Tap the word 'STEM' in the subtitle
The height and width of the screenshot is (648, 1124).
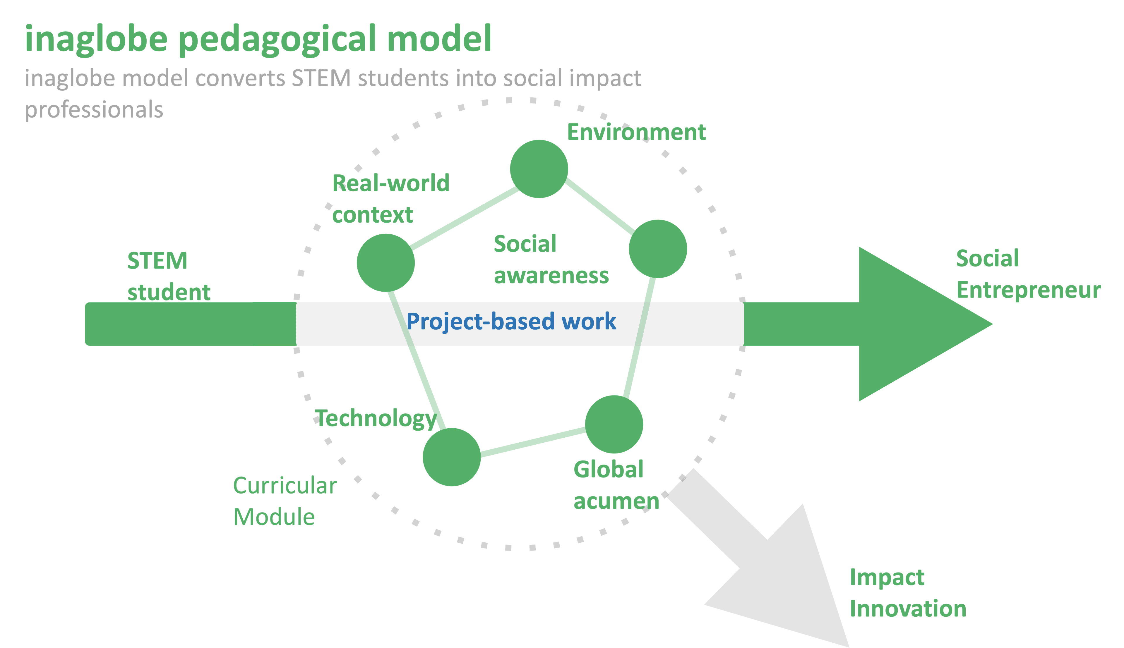(x=321, y=78)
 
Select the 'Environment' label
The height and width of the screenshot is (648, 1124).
(x=636, y=132)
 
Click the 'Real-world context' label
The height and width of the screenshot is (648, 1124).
(x=390, y=198)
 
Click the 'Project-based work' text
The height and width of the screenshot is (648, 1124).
(x=511, y=321)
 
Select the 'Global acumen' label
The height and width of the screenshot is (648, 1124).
(x=616, y=485)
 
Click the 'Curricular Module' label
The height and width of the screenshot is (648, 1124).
(x=285, y=501)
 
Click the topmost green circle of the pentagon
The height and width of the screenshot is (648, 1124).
(x=539, y=169)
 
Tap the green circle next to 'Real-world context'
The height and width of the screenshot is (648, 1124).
(x=385, y=263)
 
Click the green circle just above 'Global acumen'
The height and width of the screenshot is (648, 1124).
(x=614, y=424)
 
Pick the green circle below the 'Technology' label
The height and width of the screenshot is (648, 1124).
(x=451, y=457)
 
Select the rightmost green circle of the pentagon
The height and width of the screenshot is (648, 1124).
(x=657, y=249)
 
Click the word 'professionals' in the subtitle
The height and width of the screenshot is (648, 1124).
(x=94, y=109)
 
